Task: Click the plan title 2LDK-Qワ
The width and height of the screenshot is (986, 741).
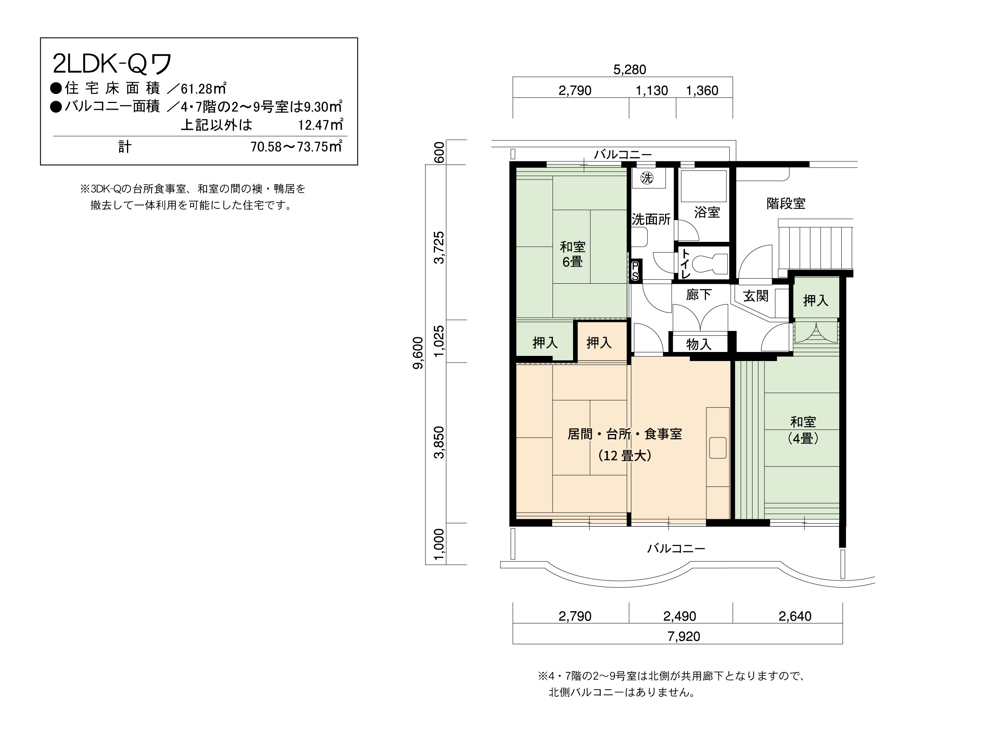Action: coord(112,64)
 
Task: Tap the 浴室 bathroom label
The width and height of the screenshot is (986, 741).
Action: coord(707,212)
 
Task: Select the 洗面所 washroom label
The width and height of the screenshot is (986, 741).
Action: coord(651,219)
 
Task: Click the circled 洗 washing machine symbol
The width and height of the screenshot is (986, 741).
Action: coord(646,178)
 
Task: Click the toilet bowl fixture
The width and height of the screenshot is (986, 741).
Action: coord(711,264)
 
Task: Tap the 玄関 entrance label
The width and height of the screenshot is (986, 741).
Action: coord(756,296)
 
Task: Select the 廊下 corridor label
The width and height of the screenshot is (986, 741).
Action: coord(698,295)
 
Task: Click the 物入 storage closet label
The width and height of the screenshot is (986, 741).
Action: coord(698,344)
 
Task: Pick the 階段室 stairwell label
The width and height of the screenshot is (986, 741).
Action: coord(786,203)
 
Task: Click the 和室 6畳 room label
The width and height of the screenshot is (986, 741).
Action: coord(572,254)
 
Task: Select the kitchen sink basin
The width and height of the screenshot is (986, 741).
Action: coord(718,447)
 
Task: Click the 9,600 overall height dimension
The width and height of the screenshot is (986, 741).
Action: coord(418,353)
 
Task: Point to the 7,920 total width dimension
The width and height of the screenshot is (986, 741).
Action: coord(683,636)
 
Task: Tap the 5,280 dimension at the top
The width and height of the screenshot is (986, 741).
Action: coord(629,69)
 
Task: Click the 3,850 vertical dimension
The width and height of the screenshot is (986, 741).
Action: coord(439,442)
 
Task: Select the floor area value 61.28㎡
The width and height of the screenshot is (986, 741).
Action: coord(203,89)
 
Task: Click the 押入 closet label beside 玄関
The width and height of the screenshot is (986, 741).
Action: coord(816,301)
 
